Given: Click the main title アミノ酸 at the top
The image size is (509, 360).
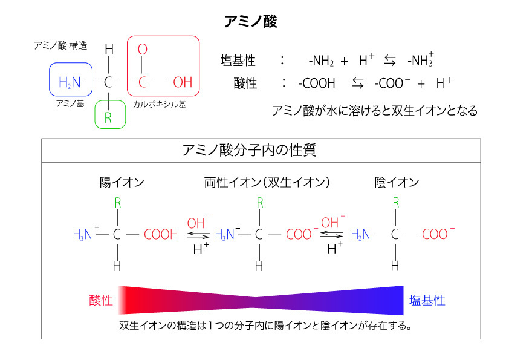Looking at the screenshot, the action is click(x=251, y=21).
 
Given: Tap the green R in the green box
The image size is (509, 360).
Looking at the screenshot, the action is click(x=108, y=117).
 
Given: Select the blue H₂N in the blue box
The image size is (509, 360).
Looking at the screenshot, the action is click(x=70, y=82).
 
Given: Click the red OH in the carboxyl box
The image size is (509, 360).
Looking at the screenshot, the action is click(x=183, y=82).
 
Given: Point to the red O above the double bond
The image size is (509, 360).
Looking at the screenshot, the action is click(x=143, y=50).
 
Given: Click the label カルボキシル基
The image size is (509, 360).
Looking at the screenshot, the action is click(x=160, y=104).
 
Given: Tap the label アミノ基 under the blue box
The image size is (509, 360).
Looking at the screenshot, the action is click(x=70, y=103).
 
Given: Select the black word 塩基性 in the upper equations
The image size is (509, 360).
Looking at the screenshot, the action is click(x=238, y=61).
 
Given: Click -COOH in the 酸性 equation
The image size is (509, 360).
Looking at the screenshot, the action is click(x=317, y=83).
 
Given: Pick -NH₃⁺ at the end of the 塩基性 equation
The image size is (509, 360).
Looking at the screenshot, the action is click(x=421, y=59).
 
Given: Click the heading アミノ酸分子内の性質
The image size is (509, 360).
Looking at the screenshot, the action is click(x=249, y=150).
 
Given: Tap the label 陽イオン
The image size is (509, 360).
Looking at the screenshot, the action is click(x=122, y=182).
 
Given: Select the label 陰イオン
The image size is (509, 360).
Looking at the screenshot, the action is click(x=397, y=182).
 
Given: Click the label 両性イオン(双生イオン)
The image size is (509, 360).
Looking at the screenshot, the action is click(x=267, y=182).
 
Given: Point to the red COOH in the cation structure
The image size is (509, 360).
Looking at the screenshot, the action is click(x=161, y=234).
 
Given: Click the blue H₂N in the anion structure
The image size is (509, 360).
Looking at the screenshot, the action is click(x=360, y=234).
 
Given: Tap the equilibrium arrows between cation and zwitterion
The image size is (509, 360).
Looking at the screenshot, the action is click(x=198, y=235).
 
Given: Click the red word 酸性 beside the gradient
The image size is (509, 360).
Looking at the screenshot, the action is click(x=101, y=300).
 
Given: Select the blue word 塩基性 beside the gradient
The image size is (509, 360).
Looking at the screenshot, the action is click(x=427, y=300).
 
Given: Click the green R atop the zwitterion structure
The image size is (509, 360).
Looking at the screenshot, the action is click(x=260, y=203).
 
